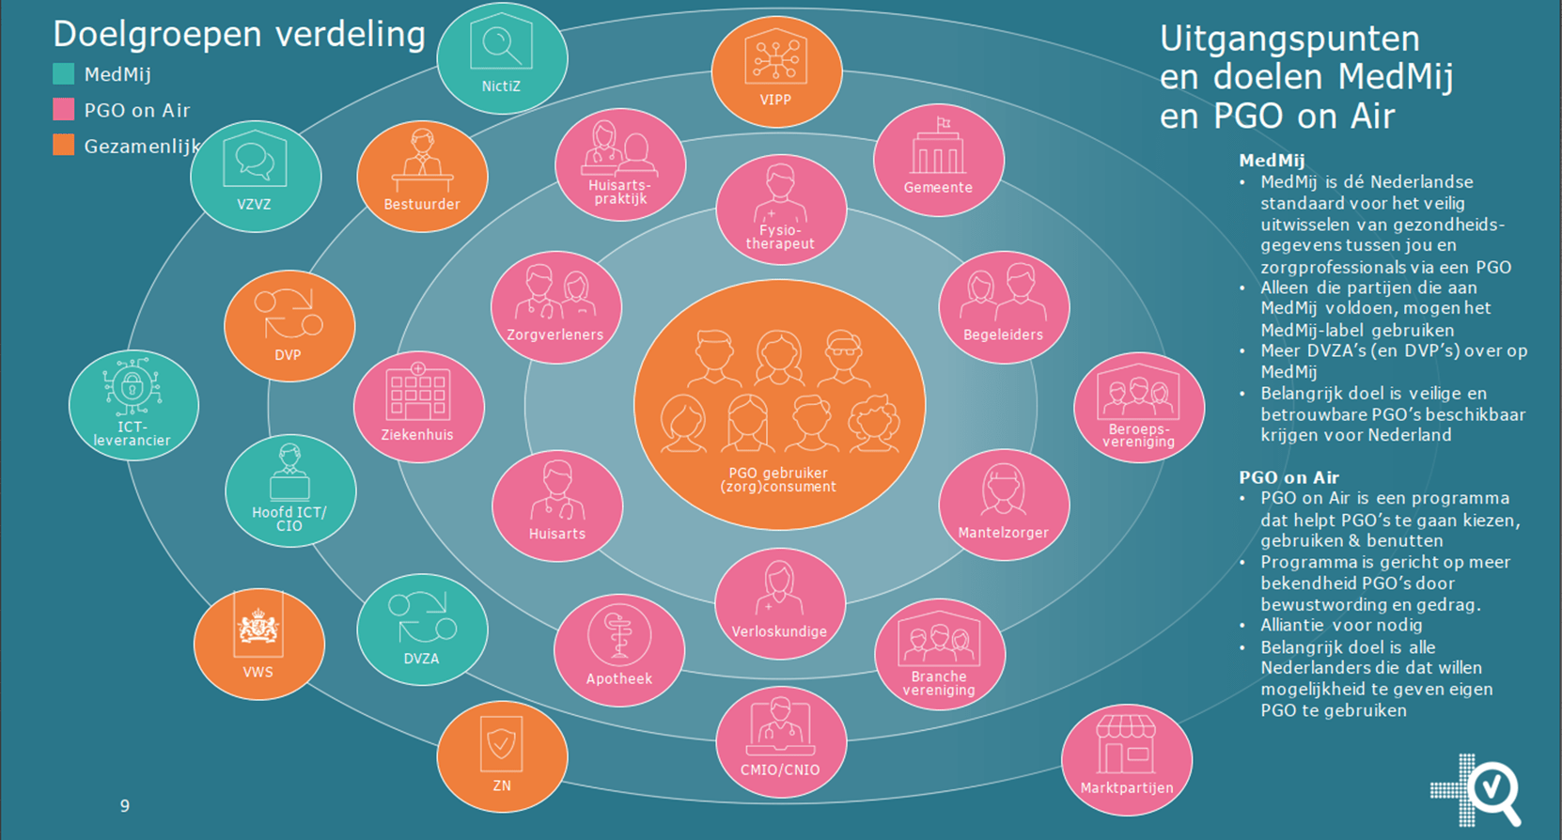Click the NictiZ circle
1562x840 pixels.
coord(502,58)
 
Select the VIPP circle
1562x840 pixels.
coord(776,72)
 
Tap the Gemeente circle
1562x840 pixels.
coord(938,161)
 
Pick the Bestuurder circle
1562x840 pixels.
coord(422,177)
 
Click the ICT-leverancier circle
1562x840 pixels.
coord(133,405)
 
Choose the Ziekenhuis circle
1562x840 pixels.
coord(418,407)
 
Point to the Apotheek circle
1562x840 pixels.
coord(618,650)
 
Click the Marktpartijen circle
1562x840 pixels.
coord(1126,760)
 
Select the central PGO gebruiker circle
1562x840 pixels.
coord(779,405)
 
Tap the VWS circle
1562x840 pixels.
coord(258,645)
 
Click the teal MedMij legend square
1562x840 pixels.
coord(64,74)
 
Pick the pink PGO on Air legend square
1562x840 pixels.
coord(64,110)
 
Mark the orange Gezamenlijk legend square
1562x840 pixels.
coord(64,146)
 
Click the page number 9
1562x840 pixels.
coord(125,805)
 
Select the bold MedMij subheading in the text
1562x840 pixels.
coord(1272,161)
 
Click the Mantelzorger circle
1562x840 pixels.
coord(1004,505)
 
